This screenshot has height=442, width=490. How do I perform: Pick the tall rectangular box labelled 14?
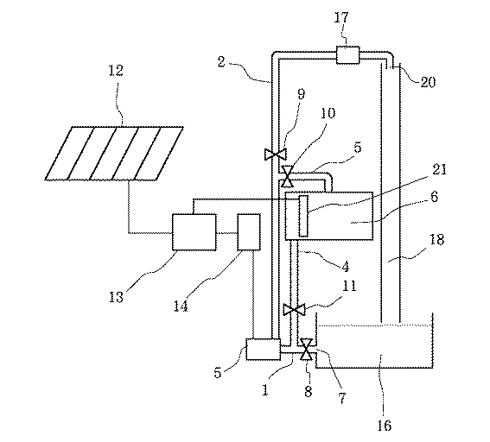pyautogui.click(x=251, y=232)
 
